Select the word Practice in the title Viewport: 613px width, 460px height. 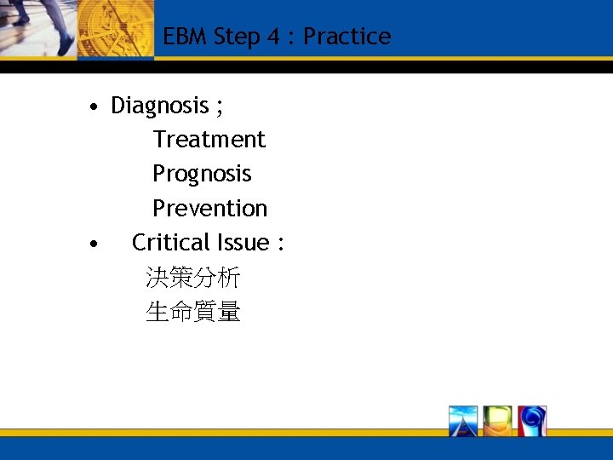pos(347,37)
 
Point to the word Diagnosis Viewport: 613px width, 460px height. pos(160,106)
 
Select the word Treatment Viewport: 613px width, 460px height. pos(209,140)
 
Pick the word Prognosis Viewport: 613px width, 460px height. pos(202,174)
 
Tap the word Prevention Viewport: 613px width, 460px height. pos(209,209)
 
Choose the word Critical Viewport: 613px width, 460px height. pos(171,243)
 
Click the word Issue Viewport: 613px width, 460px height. pos(243,243)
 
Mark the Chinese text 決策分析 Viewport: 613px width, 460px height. pos(193,278)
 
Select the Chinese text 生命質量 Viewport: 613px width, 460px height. pos(193,313)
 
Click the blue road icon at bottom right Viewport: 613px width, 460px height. pos(464,421)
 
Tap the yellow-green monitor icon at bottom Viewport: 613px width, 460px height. pos(497,421)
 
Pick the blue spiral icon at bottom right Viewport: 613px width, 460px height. pos(531,421)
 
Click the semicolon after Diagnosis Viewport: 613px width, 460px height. pos(220,107)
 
